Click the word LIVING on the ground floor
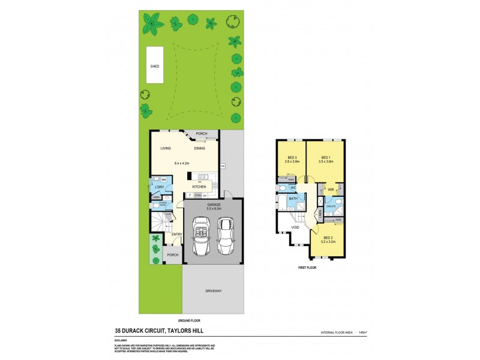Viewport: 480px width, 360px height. [x=166, y=148]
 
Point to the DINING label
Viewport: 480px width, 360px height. [x=200, y=148]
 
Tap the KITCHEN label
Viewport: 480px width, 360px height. [x=199, y=187]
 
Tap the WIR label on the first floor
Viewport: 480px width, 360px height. [x=331, y=190]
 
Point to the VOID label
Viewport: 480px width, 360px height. [x=295, y=228]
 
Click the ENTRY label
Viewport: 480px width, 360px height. [x=176, y=234]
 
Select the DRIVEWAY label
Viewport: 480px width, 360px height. [x=213, y=291]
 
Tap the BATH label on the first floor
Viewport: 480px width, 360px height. [x=293, y=198]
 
